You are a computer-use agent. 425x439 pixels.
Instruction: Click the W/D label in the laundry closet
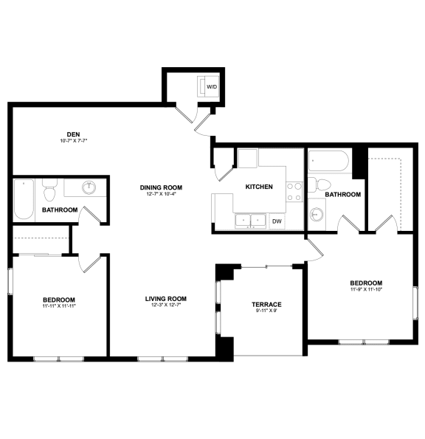[x=212, y=87]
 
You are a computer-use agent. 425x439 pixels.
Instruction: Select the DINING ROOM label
[x=161, y=187]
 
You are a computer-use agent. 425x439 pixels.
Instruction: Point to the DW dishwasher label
[x=277, y=221]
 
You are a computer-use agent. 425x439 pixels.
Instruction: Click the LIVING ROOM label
[x=165, y=299]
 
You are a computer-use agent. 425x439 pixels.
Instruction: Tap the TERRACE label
[x=266, y=305]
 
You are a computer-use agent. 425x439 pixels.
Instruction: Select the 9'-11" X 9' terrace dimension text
[x=266, y=311]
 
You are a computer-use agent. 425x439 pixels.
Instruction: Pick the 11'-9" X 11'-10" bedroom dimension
[x=366, y=289]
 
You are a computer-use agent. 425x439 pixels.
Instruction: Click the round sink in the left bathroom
[x=89, y=187]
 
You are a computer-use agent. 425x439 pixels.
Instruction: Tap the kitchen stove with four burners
[x=294, y=192]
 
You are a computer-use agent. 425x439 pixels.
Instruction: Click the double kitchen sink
[x=250, y=220]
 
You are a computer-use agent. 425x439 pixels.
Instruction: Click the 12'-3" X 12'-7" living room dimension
[x=165, y=305]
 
